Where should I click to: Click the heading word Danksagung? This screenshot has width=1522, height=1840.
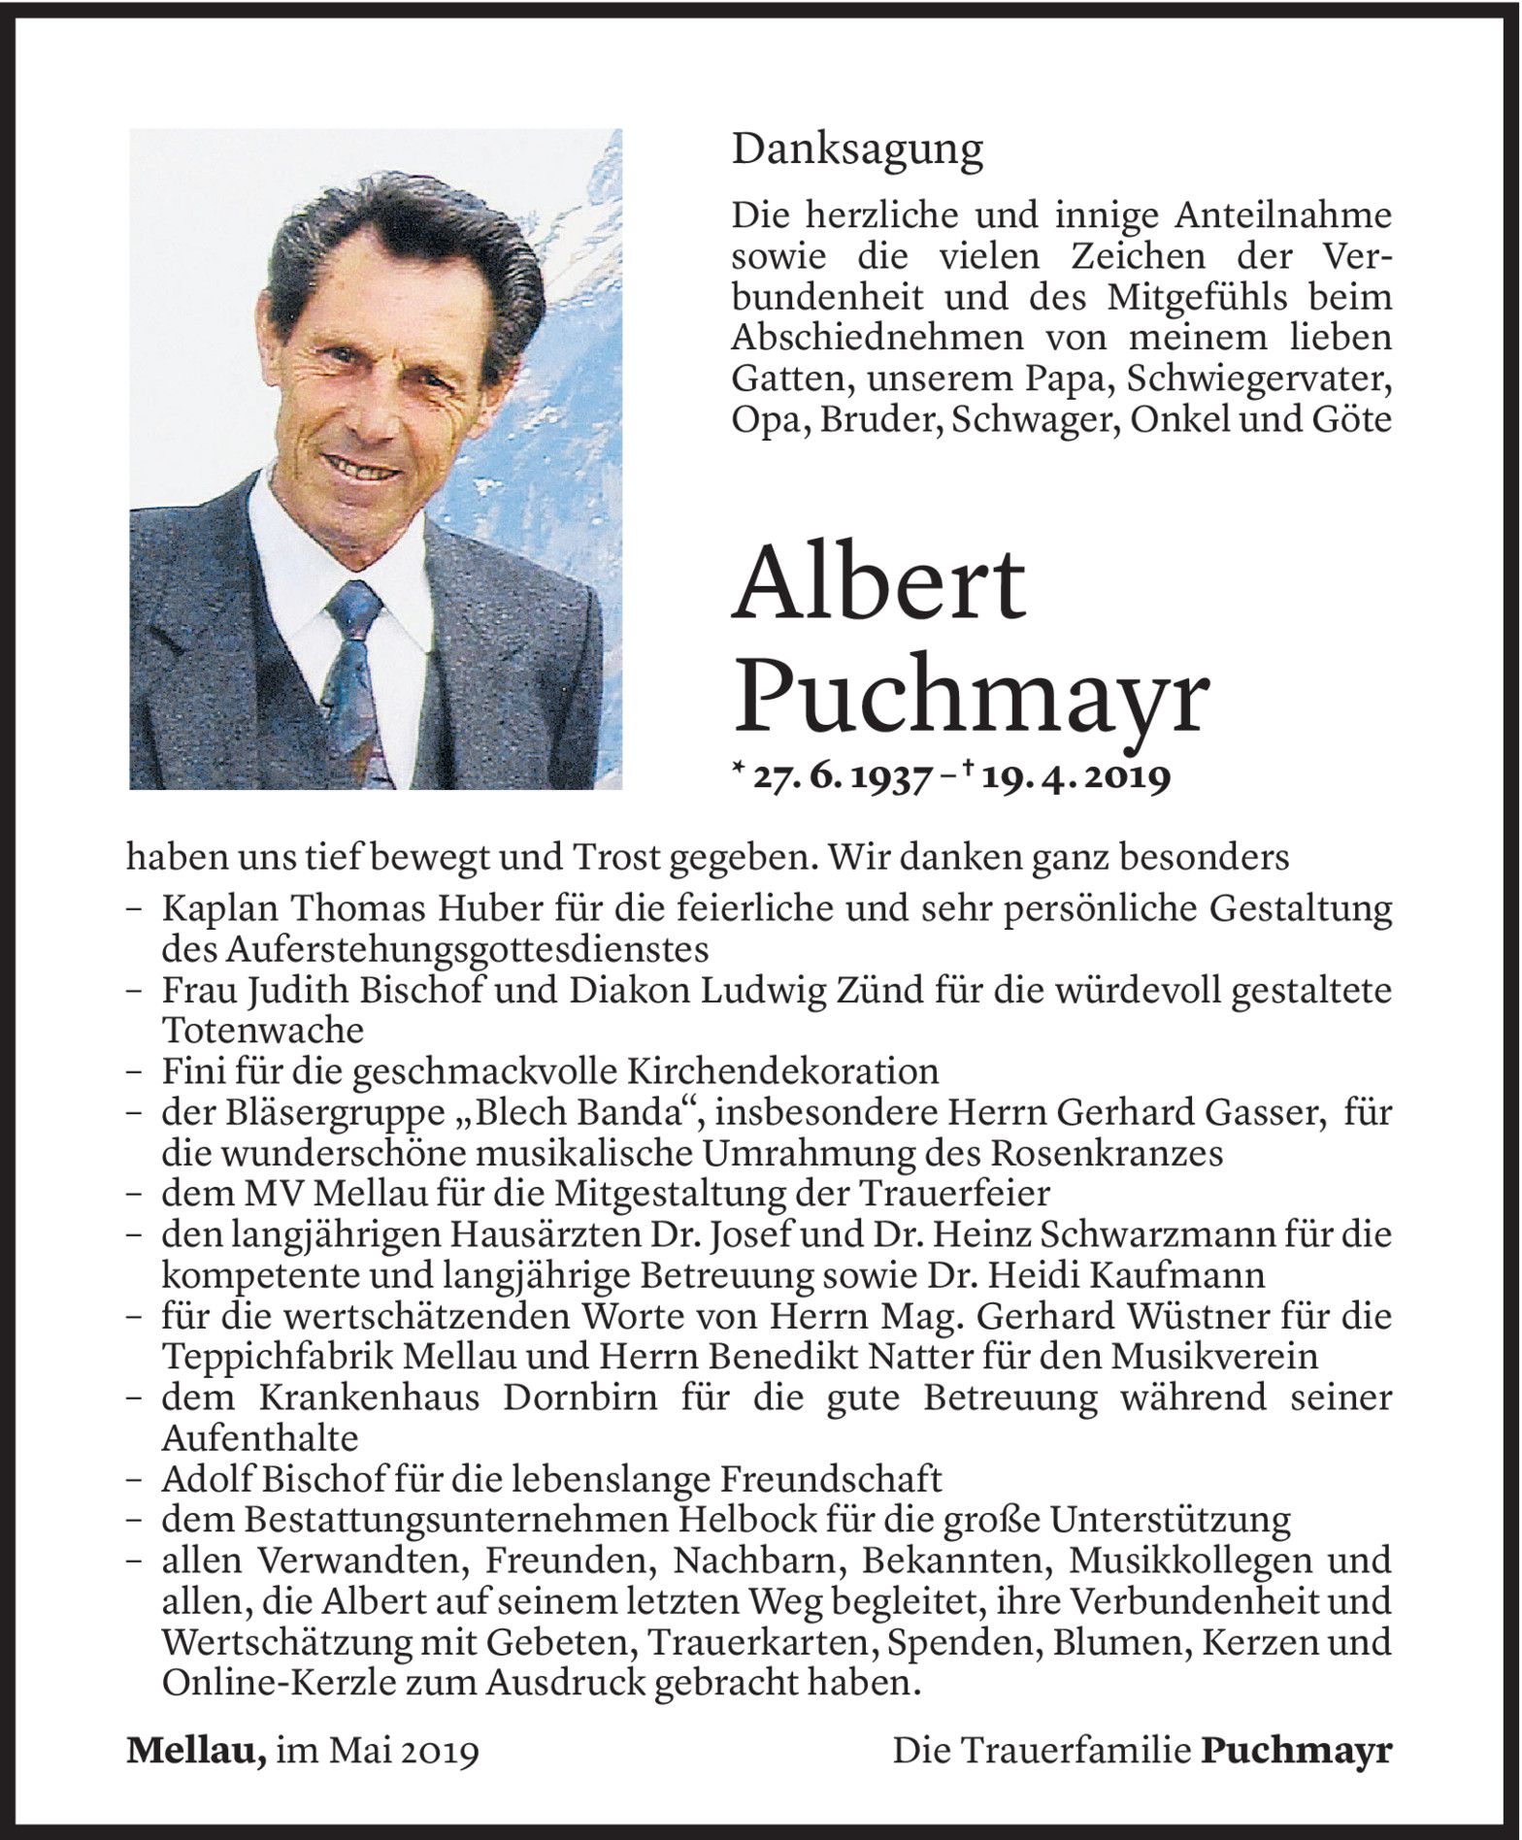coord(857,150)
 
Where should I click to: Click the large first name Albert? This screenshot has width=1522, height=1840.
coord(879,586)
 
